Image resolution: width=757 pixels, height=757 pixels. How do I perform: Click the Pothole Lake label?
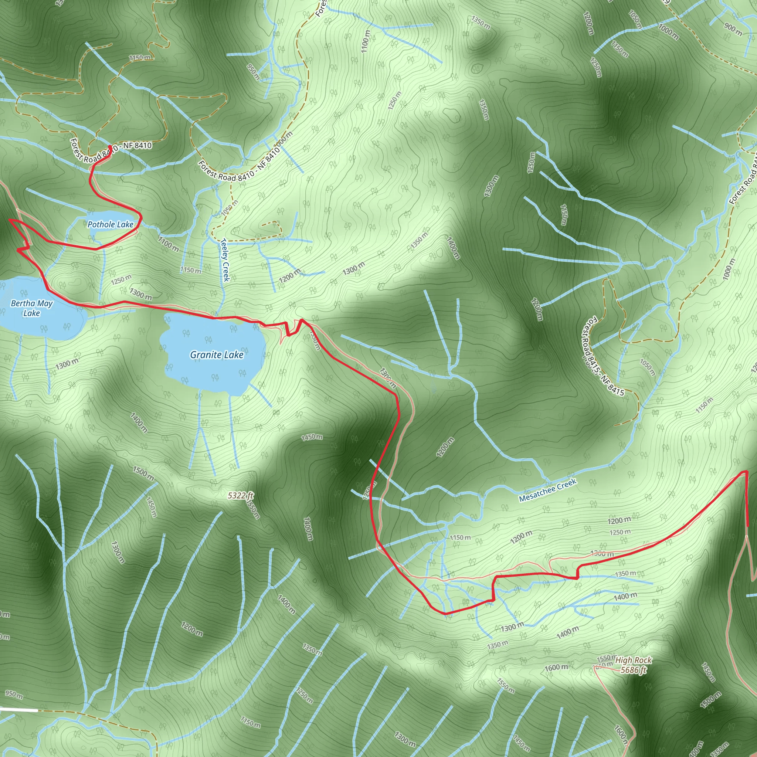point(110,224)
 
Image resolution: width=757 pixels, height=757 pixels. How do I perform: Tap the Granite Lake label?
point(217,355)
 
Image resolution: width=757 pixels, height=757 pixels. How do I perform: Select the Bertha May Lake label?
point(31,308)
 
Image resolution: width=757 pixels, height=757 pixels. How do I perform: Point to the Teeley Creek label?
point(225,260)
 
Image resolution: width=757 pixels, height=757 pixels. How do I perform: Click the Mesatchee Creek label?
point(547,490)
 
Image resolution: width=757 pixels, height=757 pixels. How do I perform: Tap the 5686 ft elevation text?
point(633,670)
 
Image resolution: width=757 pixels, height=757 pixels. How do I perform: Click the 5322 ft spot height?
point(241,496)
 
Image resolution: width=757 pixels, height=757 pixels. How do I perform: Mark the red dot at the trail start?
point(110,147)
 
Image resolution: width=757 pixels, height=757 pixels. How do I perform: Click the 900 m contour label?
point(733,29)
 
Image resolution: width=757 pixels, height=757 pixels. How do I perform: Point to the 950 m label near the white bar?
point(14,694)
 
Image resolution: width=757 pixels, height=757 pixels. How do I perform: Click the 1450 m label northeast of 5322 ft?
point(312,437)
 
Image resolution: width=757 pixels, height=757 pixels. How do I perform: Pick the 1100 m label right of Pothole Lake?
point(169,244)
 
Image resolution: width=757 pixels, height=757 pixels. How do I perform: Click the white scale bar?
point(19,710)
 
